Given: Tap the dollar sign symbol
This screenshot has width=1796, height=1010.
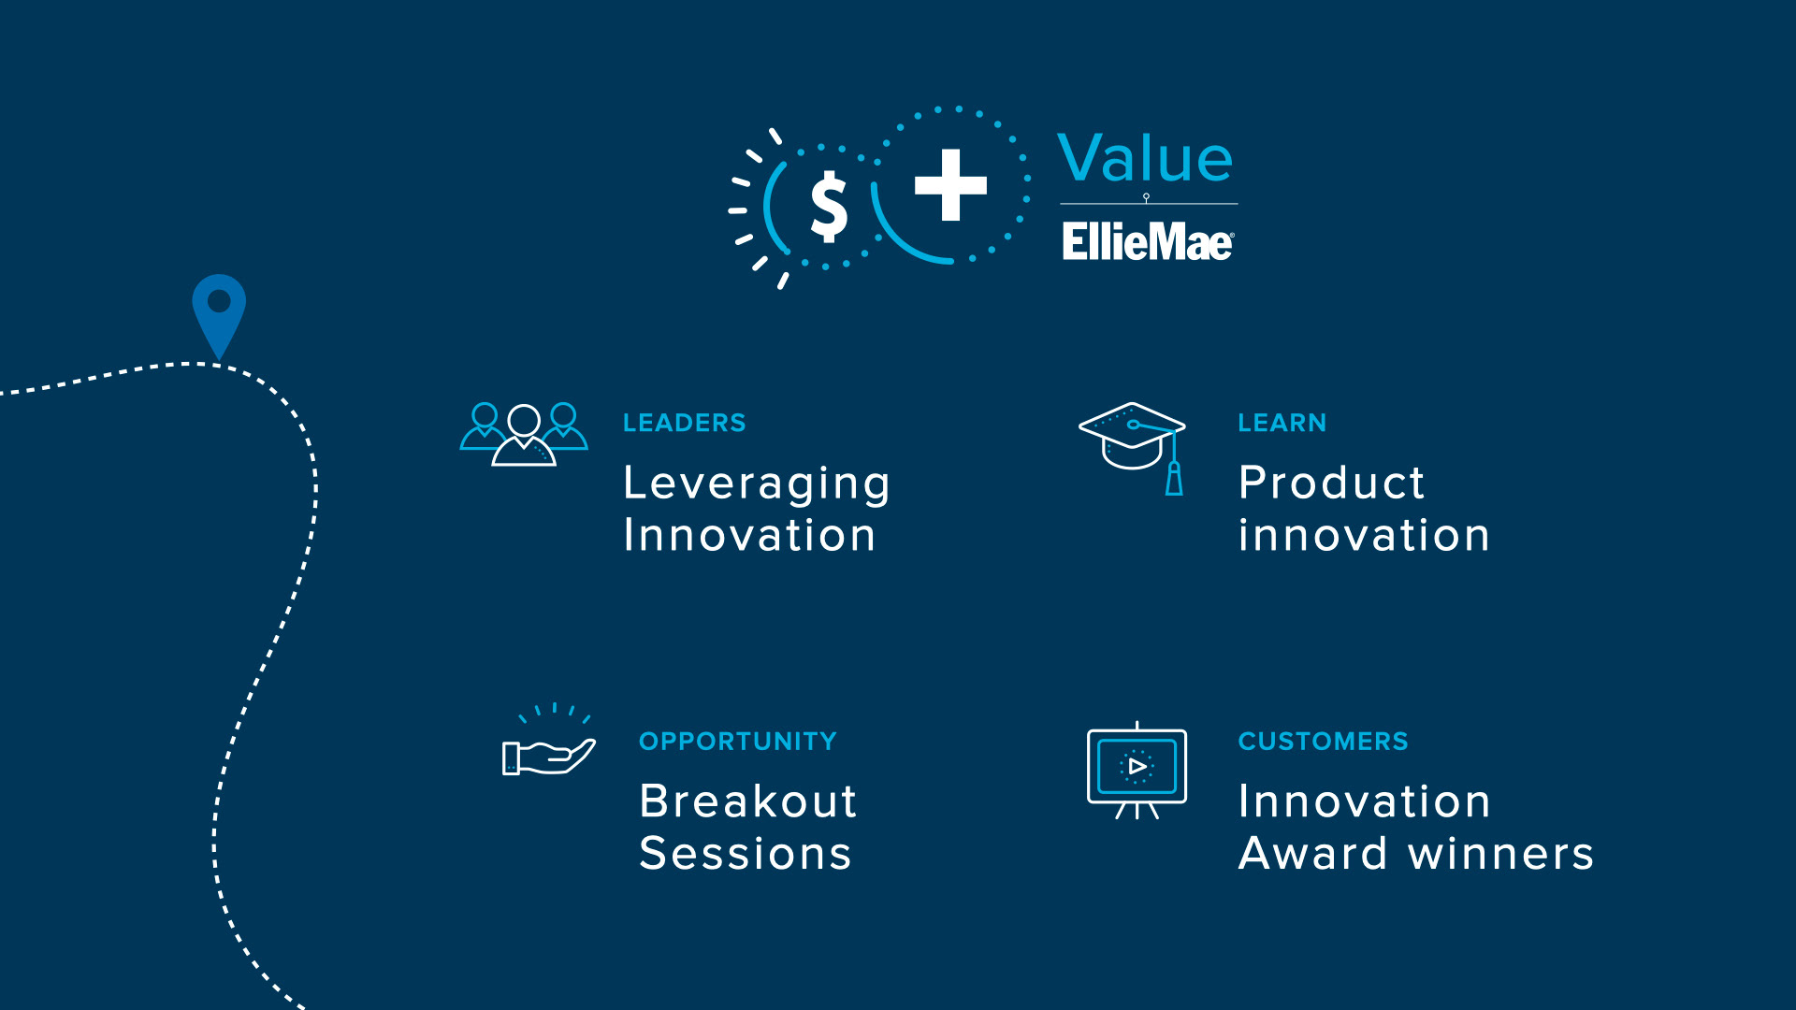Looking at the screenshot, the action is tap(829, 207).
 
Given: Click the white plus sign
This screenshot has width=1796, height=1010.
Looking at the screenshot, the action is tap(950, 184).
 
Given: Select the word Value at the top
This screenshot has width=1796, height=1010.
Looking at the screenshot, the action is tap(1146, 158).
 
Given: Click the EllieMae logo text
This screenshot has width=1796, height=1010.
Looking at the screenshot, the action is tap(1148, 241).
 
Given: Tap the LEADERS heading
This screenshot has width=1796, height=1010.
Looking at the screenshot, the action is tap(685, 423).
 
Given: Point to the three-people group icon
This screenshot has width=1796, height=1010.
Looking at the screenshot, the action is tap(524, 434).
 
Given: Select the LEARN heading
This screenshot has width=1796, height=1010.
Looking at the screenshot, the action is tap(1282, 423).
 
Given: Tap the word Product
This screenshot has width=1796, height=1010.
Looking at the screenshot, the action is tap(1331, 483).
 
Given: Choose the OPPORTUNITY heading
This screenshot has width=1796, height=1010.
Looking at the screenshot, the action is tap(738, 742).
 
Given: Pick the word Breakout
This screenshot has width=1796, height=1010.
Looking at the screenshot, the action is tap(748, 801).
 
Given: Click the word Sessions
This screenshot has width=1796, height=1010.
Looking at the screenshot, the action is tap(746, 854).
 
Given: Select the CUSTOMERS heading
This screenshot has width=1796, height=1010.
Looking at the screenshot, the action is tap(1323, 742).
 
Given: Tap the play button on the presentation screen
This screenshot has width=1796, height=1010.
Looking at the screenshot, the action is tap(1137, 767).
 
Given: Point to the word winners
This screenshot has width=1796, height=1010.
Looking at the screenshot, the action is tap(1501, 854).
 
